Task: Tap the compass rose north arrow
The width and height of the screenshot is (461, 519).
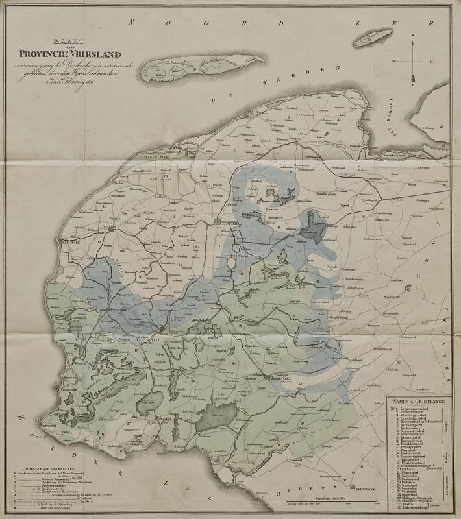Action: pos(410,69)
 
